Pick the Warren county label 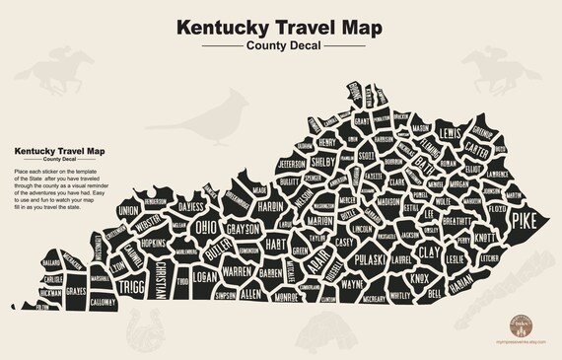[237, 268]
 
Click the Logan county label [204, 277]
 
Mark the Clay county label [429, 252]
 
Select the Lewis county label [451, 133]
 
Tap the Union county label [128, 210]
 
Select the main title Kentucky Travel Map [281, 28]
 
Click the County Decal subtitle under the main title [281, 47]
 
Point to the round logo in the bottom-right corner [519, 324]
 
